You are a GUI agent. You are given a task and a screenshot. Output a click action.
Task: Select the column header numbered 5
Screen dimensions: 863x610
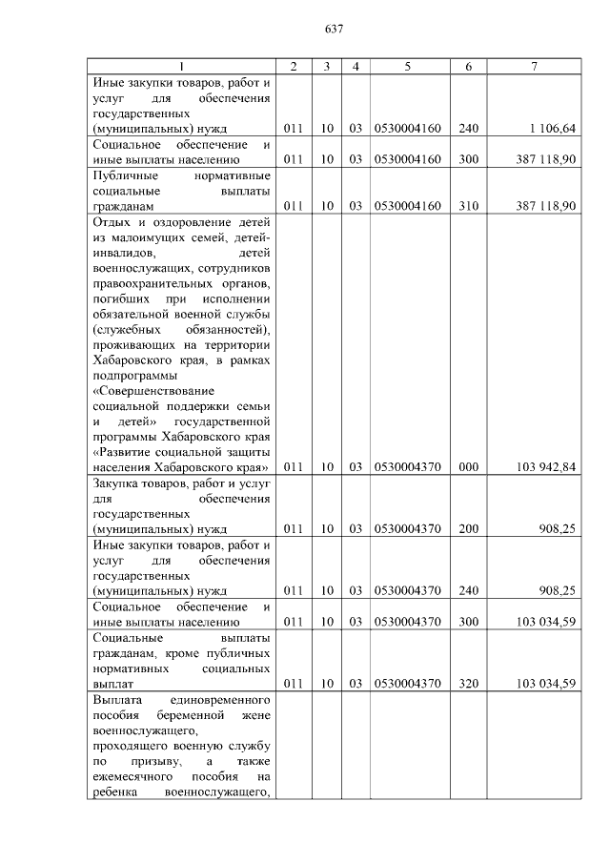[408, 66]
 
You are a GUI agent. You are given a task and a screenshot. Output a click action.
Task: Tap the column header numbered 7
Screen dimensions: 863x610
[534, 66]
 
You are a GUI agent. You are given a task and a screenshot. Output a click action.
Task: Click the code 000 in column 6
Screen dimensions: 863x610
[468, 467]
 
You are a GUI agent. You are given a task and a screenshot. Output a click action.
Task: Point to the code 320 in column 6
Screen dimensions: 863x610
[468, 684]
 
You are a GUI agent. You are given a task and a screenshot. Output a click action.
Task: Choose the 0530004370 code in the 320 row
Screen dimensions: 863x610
[408, 684]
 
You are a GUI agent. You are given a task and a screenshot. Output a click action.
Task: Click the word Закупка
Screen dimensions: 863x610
[117, 483]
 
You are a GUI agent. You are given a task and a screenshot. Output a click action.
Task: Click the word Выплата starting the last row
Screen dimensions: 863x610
[117, 699]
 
